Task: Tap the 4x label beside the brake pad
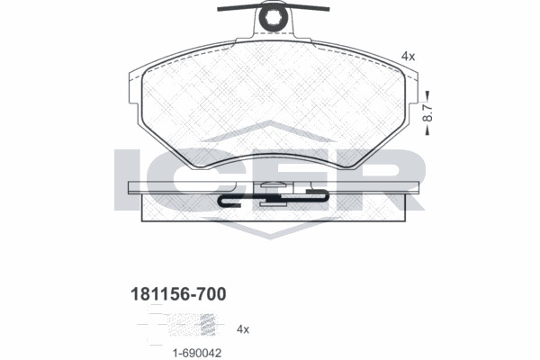408,56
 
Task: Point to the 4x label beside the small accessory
243,329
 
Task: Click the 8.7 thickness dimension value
429,112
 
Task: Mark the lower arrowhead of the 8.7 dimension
429,132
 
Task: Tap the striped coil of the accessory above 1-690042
209,321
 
